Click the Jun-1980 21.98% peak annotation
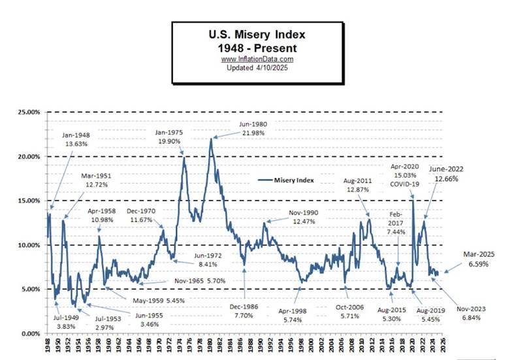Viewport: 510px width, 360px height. (255, 128)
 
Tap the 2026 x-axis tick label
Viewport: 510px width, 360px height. (445, 346)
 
